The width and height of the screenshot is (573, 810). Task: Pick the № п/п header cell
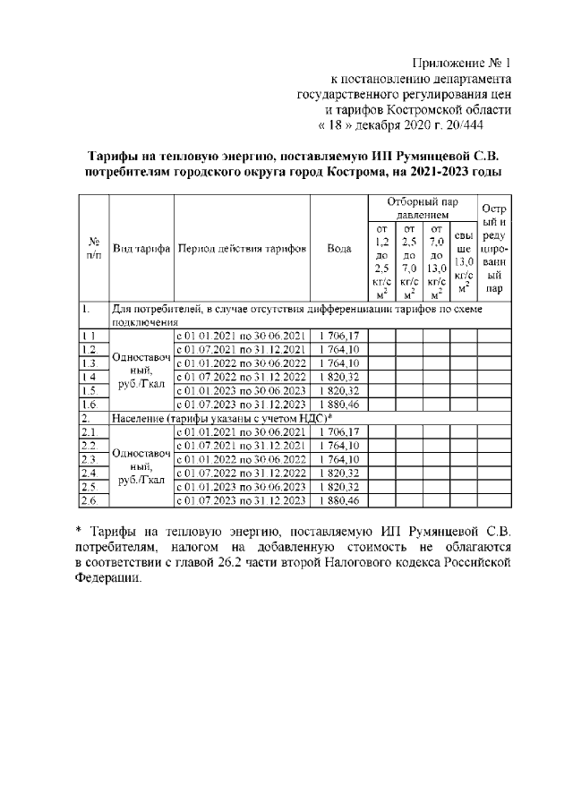tap(95, 248)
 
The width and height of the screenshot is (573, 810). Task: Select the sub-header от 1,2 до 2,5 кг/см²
tap(382, 261)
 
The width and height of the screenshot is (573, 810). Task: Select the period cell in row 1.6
tap(242, 405)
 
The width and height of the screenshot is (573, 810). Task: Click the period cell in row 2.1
tap(242, 431)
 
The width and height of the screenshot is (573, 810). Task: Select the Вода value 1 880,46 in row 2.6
tap(338, 499)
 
